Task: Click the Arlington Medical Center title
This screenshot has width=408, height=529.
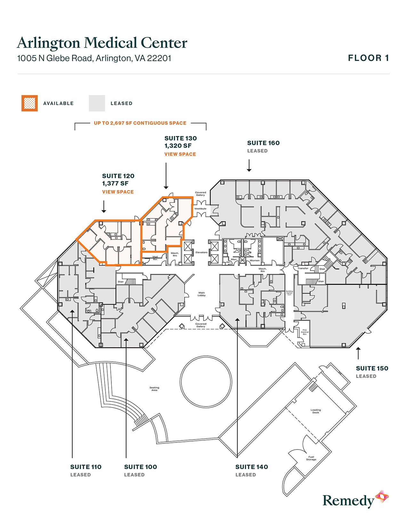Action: [x=102, y=43]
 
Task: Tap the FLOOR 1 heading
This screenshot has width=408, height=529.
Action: [x=368, y=58]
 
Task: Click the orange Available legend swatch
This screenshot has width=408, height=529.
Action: [x=29, y=103]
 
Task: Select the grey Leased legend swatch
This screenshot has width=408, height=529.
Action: [x=97, y=103]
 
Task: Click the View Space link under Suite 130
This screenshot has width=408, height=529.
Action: [x=180, y=154]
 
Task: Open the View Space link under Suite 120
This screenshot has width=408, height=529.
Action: [x=118, y=192]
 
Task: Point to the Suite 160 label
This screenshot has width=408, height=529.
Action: [x=263, y=143]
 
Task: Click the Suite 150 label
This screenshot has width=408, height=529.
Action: [x=372, y=368]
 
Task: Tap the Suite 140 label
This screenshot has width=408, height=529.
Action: [x=252, y=467]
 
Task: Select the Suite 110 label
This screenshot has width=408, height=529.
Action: [x=86, y=467]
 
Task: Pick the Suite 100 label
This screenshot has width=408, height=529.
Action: [x=140, y=467]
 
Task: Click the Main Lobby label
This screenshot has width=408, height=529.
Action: [x=202, y=294]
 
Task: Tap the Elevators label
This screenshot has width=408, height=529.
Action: [x=202, y=252]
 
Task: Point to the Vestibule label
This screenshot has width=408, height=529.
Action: [x=200, y=209]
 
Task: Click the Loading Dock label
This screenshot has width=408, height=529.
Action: [x=316, y=411]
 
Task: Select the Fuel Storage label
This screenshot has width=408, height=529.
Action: [x=311, y=458]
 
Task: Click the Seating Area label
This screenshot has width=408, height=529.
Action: [x=154, y=389]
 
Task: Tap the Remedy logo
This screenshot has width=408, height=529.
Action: [x=355, y=500]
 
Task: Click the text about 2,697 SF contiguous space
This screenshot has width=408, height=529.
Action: [x=140, y=123]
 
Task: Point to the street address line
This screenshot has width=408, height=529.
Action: [x=94, y=58]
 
